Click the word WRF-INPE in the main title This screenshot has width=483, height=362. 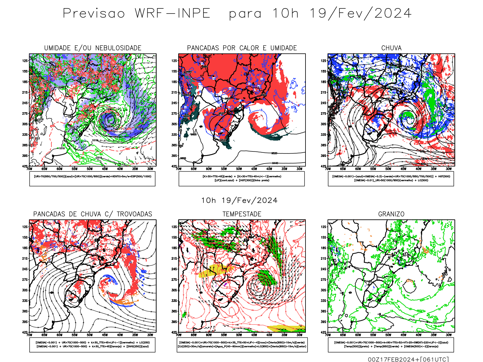(x=172, y=14)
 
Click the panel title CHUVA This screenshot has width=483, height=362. (x=391, y=48)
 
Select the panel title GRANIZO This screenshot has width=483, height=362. (x=391, y=214)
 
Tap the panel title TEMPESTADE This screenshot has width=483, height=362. (x=242, y=214)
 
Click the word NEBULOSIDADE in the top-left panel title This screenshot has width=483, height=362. (x=118, y=48)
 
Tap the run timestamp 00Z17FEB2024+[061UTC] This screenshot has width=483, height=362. (x=408, y=359)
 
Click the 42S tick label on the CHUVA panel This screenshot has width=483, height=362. (x=324, y=166)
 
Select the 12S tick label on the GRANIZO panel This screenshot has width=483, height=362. (x=324, y=227)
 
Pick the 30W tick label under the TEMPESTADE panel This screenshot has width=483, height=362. (x=299, y=335)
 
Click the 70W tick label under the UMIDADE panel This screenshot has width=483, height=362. (x=29, y=169)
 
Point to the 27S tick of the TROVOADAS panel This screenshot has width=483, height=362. (x=25, y=280)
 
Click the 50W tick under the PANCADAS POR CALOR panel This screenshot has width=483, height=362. (x=239, y=169)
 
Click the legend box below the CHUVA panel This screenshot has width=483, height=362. (x=391, y=179)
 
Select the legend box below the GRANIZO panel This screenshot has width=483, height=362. (x=391, y=345)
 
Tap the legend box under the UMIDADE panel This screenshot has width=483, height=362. (x=92, y=179)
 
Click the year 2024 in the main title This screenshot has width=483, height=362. (x=393, y=14)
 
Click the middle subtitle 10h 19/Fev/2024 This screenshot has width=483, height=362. (x=239, y=201)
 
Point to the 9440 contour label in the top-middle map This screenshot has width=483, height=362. (x=275, y=163)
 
